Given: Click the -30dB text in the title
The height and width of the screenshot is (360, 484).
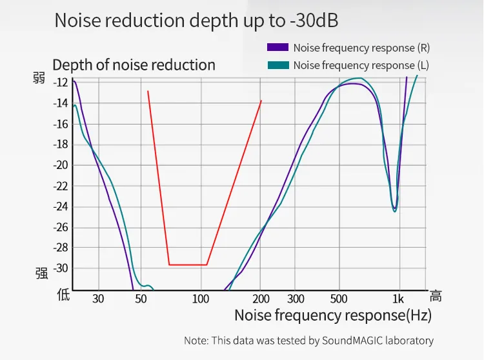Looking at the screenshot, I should click(x=312, y=21).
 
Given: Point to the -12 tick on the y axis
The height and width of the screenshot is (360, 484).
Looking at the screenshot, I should click(x=61, y=82).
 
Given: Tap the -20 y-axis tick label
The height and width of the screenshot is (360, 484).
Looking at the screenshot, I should click(x=61, y=165).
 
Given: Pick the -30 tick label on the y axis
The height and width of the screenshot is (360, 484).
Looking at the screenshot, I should click(x=61, y=268).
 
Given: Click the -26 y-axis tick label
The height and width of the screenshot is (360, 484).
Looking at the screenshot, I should click(x=61, y=226).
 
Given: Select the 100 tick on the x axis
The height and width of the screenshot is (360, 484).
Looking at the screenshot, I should click(x=201, y=299).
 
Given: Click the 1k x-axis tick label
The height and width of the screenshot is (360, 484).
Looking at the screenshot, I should click(x=398, y=299).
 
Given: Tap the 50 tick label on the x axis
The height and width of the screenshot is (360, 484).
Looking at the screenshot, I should click(x=141, y=299).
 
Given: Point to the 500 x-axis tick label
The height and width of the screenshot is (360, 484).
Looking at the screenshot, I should click(x=339, y=299).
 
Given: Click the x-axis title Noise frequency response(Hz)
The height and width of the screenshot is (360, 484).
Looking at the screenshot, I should click(x=332, y=315).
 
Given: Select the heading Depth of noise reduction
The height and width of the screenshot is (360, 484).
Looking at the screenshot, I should click(x=134, y=65).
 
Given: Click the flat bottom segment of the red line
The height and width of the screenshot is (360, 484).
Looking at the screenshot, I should click(x=188, y=265).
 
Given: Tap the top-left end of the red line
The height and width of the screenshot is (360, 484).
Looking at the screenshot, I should click(x=148, y=91).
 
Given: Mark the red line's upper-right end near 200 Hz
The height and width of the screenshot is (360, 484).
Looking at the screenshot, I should click(x=261, y=101).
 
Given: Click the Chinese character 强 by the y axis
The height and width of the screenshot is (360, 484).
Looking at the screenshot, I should click(x=41, y=273).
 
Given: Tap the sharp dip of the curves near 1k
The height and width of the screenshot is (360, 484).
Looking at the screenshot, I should click(x=395, y=209).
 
